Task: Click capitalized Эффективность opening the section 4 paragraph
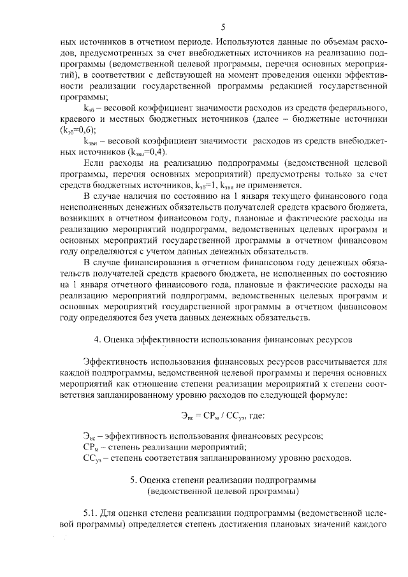118,362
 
